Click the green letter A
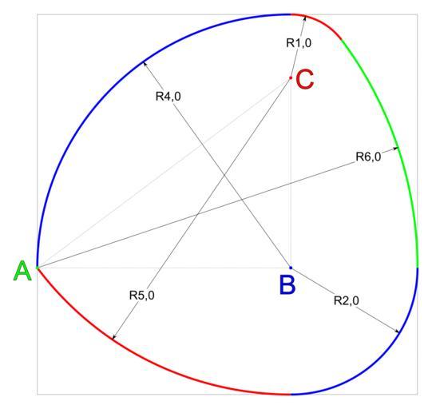(x=22, y=271)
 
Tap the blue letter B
(x=287, y=285)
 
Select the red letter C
(x=304, y=79)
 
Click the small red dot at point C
(x=291, y=78)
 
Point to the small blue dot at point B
(x=291, y=268)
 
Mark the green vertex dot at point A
(x=38, y=268)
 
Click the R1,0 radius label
(x=299, y=43)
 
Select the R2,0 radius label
(x=347, y=300)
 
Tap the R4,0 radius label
(x=168, y=97)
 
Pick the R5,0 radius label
(x=141, y=296)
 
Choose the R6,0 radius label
(x=368, y=157)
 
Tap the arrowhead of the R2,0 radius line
(x=397, y=332)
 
